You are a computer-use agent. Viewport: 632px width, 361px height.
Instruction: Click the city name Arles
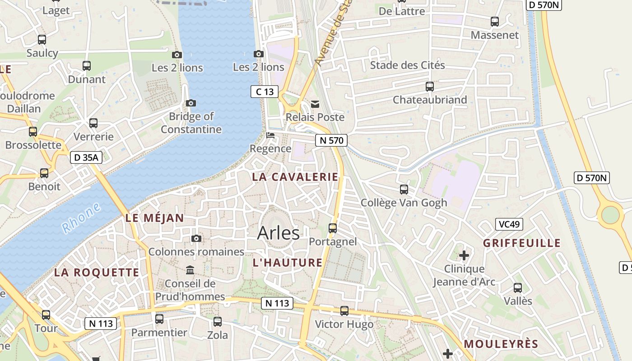278,233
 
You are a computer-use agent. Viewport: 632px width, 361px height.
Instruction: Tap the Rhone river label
81,218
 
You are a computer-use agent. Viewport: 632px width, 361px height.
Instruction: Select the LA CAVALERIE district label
295,177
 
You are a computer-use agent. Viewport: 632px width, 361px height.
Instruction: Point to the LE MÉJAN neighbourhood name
155,218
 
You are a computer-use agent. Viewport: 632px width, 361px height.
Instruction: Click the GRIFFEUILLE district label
522,243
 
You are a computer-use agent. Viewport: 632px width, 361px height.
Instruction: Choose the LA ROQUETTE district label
97,273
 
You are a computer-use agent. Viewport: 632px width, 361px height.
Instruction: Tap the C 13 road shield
265,92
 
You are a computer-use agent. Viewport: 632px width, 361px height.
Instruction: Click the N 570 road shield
331,140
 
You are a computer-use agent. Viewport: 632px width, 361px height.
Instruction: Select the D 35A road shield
86,157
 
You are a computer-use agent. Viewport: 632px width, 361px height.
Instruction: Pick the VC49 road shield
509,224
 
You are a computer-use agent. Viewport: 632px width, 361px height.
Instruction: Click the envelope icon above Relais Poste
315,104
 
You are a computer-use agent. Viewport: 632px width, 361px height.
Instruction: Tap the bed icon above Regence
270,135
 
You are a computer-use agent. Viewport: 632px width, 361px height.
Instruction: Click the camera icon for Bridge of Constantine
191,103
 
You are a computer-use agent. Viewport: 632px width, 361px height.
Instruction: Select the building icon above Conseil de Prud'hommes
190,270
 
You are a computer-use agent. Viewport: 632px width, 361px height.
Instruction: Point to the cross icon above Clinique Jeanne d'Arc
464,256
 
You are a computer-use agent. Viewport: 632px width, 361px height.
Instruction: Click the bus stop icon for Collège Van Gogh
404,190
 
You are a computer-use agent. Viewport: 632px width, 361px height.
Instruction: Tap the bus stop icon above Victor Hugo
344,311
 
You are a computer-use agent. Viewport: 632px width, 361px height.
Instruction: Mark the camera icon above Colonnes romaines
196,238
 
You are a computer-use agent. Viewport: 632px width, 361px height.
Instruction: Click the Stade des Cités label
407,65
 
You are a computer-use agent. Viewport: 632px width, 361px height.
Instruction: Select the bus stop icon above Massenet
495,22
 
